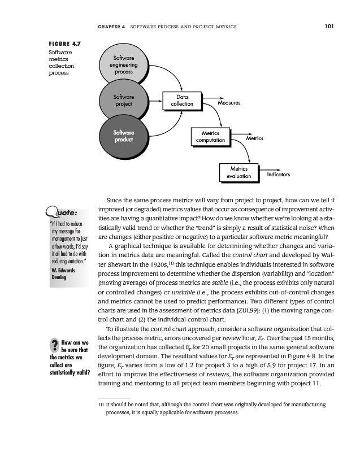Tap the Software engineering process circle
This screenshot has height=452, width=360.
[x=123, y=66]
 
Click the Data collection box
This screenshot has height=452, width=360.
[x=182, y=100]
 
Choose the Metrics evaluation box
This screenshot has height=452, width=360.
[x=238, y=172]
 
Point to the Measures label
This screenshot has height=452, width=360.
[x=229, y=103]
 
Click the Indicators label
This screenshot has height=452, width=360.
[x=278, y=175]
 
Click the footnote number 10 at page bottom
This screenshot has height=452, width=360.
[x=101, y=406]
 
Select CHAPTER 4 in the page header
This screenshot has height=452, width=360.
[x=111, y=27]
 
